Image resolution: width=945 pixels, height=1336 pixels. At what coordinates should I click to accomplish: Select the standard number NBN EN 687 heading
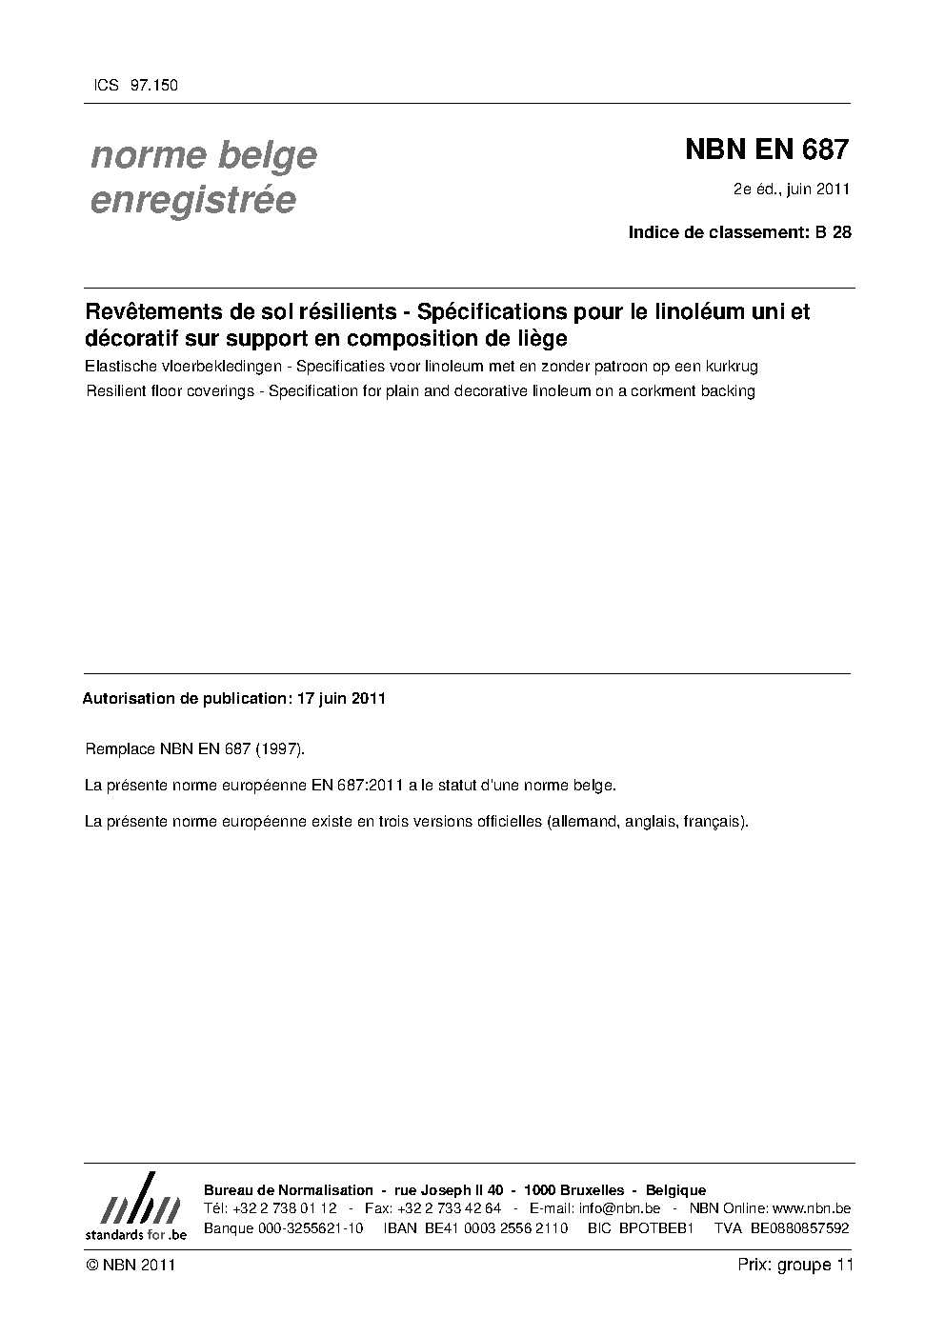[766, 150]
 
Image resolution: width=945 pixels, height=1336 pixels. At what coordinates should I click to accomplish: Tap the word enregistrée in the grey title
[192, 201]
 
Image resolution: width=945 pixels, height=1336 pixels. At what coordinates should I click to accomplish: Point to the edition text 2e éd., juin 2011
[791, 189]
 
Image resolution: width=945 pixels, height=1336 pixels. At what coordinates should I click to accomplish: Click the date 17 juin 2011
[341, 698]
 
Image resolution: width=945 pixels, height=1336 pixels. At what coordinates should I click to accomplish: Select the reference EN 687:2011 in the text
[355, 786]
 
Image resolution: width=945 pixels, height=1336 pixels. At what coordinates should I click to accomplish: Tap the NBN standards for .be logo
[135, 1207]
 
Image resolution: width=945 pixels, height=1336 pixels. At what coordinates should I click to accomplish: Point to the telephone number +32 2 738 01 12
[284, 1208]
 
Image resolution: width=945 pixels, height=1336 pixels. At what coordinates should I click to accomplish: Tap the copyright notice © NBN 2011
[131, 1265]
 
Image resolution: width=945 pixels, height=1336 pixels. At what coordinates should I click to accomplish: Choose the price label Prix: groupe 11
[794, 1265]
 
